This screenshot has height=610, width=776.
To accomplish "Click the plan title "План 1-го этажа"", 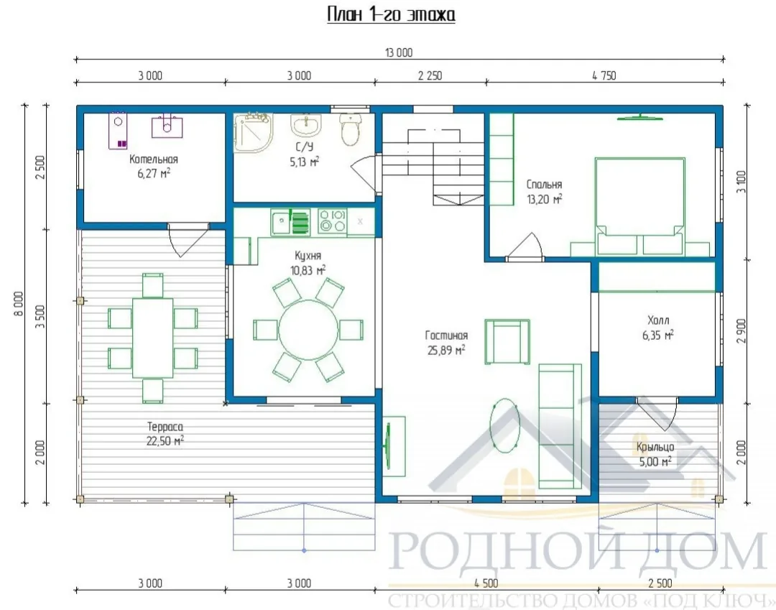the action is click(x=391, y=14).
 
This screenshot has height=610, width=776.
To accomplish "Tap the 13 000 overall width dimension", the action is click(x=399, y=52).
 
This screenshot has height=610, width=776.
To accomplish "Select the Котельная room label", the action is click(x=154, y=160).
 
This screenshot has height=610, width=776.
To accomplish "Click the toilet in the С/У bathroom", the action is click(x=351, y=129).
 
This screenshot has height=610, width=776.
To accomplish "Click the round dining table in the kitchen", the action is click(x=308, y=330).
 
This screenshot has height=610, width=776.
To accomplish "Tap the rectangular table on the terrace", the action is click(x=152, y=338).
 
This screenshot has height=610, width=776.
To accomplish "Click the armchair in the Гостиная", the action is click(x=507, y=342).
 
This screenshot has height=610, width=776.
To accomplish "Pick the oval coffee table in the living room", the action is click(x=505, y=425).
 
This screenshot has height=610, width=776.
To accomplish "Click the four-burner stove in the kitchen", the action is click(x=332, y=221).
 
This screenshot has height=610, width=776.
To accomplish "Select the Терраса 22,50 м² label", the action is click(x=165, y=434).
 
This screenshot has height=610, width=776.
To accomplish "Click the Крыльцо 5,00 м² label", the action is click(x=655, y=454).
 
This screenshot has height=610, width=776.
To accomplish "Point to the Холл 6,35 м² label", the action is click(x=658, y=328).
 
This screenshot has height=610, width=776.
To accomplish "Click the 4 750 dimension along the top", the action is click(x=604, y=75).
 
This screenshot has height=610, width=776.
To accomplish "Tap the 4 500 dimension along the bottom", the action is click(x=486, y=583).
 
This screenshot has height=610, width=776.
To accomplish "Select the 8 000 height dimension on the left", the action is click(x=18, y=304).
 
